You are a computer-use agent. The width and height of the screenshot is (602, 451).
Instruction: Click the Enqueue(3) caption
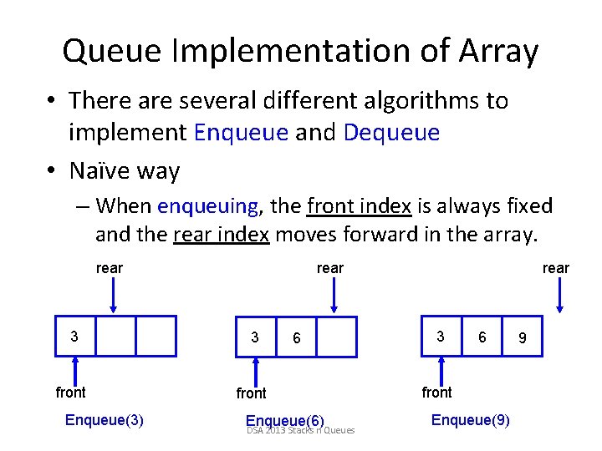click(104, 419)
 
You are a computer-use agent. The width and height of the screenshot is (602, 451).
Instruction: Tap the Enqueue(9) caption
click(470, 419)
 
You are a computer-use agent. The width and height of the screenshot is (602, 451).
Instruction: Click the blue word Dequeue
click(392, 132)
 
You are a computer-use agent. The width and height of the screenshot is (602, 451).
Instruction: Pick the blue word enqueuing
click(208, 205)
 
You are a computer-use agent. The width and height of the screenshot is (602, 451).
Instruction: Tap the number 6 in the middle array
click(296, 338)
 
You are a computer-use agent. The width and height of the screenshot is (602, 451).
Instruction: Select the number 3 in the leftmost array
click(74, 337)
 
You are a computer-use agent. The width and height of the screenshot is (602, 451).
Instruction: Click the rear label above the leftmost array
click(110, 268)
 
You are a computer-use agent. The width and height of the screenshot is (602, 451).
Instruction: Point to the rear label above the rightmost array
click(555, 268)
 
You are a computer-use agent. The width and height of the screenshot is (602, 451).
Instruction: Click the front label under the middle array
click(251, 393)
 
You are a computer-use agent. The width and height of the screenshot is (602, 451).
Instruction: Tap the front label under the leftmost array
click(71, 392)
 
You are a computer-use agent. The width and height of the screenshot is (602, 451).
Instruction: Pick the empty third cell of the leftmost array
click(156, 336)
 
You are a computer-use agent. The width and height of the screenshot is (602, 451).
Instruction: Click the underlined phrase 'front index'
click(359, 205)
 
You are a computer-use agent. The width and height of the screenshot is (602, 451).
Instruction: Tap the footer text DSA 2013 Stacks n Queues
click(301, 431)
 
